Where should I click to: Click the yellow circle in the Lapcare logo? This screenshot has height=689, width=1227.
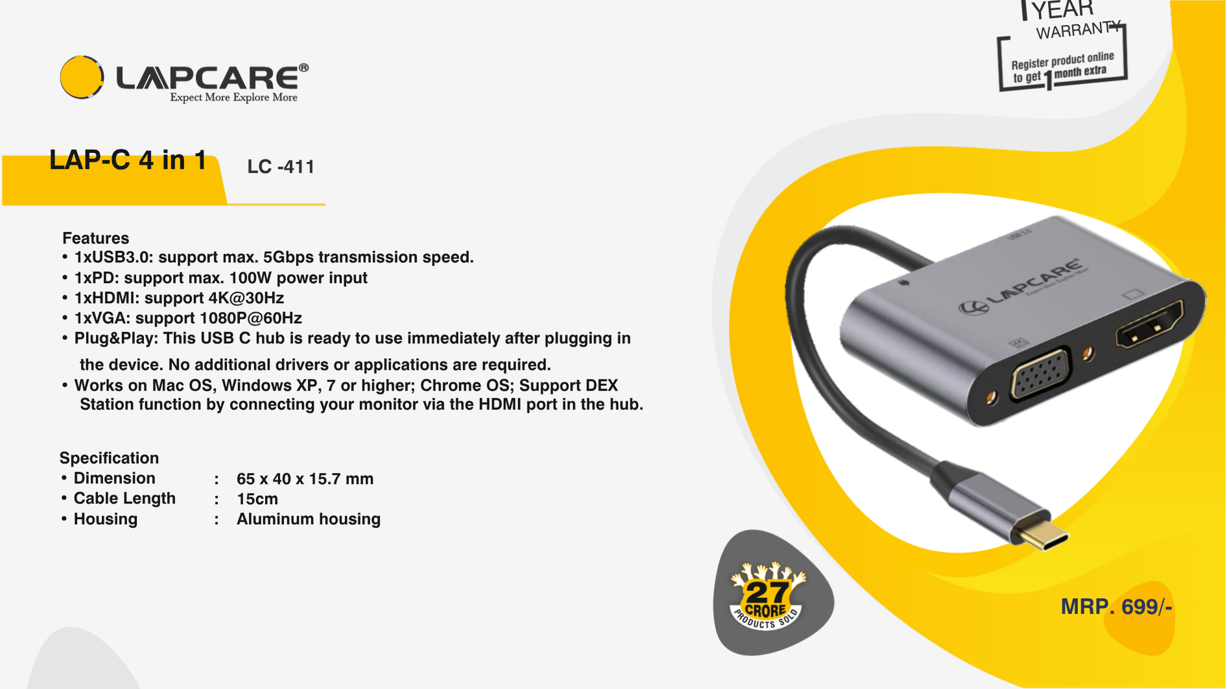point(82,77)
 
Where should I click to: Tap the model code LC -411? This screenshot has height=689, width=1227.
point(281,167)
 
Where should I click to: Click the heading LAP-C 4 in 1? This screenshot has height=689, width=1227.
point(128,160)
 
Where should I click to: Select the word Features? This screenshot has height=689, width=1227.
point(95,238)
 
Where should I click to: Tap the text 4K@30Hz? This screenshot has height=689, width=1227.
point(246,298)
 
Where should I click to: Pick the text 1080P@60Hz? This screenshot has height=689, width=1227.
point(250,318)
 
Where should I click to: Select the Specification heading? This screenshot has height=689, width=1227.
point(109,458)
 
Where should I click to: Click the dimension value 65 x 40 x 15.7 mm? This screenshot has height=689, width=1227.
point(305,479)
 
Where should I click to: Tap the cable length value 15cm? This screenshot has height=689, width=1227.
point(257,499)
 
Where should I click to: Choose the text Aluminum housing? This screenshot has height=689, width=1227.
point(308,519)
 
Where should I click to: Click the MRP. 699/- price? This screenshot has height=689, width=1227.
point(1116,607)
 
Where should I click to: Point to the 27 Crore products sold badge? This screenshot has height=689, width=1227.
point(768,596)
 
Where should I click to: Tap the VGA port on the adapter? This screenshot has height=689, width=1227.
point(1040,374)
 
